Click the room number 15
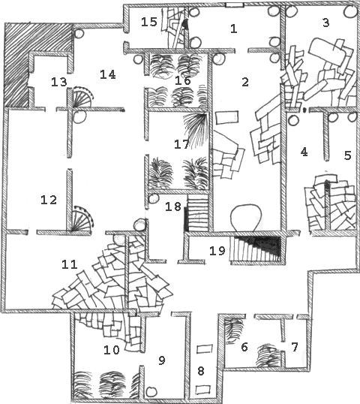coord(149,22)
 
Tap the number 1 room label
coord(234,29)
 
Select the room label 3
coord(325,23)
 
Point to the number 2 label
coord(245,82)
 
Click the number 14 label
coord(108,75)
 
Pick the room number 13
coord(59,82)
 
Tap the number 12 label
coord(49,200)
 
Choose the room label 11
coord(70,264)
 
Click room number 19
coord(217,251)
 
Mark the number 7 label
coord(295,347)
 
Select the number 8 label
coord(201,371)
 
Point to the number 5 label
coord(347,155)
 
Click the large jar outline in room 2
coord(246,218)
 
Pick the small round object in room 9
coord(151,391)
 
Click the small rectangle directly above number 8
coord(205,349)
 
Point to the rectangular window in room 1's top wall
coord(235,5)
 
